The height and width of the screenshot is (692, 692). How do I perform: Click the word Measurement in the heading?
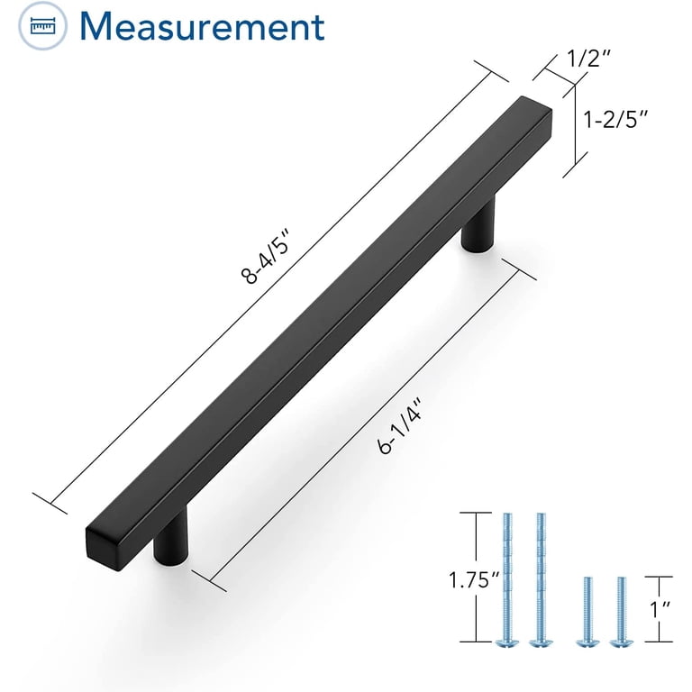click(202, 26)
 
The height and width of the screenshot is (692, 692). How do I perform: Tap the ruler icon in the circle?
click(43, 26)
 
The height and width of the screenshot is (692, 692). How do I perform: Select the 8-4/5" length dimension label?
click(265, 256)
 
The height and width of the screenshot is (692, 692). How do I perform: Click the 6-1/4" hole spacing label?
click(400, 425)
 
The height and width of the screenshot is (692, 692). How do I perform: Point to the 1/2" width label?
click(587, 59)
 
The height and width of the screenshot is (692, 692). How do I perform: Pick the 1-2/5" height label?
click(615, 119)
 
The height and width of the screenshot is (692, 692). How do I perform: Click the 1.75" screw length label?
click(474, 579)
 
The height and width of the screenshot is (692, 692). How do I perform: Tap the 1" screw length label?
click(660, 609)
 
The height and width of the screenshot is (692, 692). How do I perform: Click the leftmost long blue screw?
click(506, 579)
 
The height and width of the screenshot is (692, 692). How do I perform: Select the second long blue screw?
click(541, 579)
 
